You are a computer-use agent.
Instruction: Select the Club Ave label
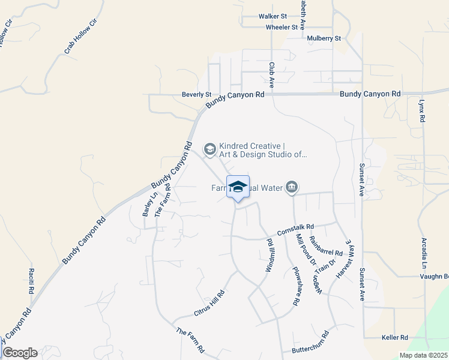pyautogui.click(x=271, y=75)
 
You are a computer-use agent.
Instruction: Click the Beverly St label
pyautogui.click(x=197, y=95)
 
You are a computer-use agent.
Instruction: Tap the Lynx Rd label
pyautogui.click(x=422, y=111)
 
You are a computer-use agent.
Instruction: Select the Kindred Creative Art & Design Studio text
pyautogui.click(x=263, y=150)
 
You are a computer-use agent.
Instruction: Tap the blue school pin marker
pyautogui.click(x=238, y=187)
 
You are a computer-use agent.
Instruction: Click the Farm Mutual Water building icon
pyautogui.click(x=292, y=188)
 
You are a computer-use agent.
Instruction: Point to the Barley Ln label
pyautogui.click(x=148, y=204)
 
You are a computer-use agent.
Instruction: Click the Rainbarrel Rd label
pyautogui.click(x=326, y=245)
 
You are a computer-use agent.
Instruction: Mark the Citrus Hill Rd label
pyautogui.click(x=209, y=303)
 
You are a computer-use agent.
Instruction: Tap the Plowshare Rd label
pyautogui.click(x=295, y=287)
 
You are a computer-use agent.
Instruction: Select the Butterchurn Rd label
pyautogui.click(x=310, y=342)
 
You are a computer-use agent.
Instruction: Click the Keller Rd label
pyautogui.click(x=394, y=338)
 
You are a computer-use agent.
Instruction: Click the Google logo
pyautogui.click(x=20, y=353)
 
